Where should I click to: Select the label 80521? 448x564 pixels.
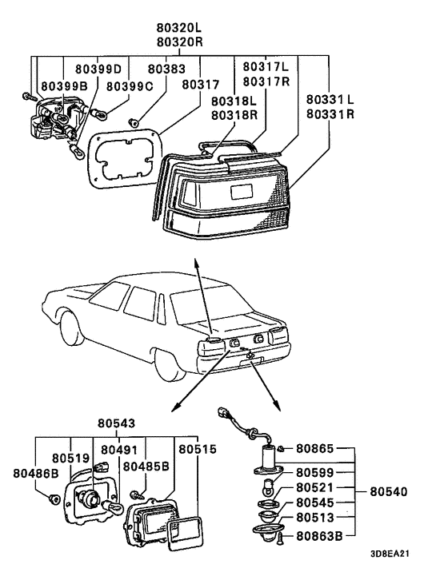(x=318, y=487)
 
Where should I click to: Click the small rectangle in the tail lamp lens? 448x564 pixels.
(x=242, y=192)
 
